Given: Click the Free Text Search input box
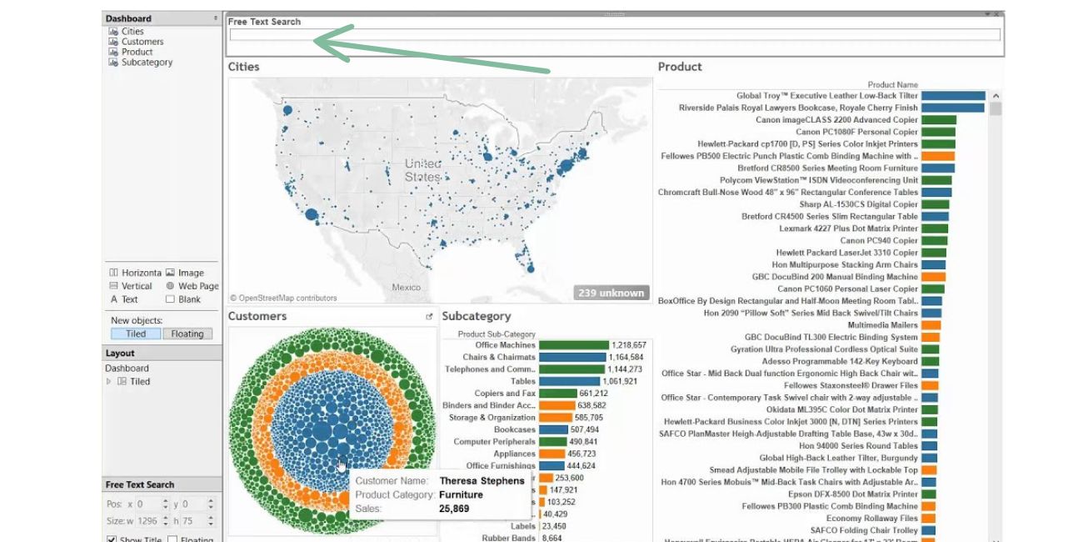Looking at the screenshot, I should click(x=614, y=35).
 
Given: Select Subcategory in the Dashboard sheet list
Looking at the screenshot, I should click(x=147, y=63).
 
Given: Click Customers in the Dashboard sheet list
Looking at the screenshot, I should click(x=142, y=42).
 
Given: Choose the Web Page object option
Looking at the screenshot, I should click(x=197, y=286).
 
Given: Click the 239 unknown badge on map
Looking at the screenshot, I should click(x=611, y=293).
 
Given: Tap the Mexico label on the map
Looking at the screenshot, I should click(x=407, y=288).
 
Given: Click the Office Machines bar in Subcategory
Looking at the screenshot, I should click(x=574, y=345).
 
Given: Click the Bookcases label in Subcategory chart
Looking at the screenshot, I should click(x=514, y=429).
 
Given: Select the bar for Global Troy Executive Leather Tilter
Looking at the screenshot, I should click(x=953, y=96).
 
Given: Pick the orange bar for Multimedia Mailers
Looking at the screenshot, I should click(x=931, y=325).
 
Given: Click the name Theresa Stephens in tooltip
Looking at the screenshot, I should click(x=482, y=481).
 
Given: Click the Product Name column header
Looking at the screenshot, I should click(x=892, y=84).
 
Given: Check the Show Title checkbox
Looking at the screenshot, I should click(x=112, y=539).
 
